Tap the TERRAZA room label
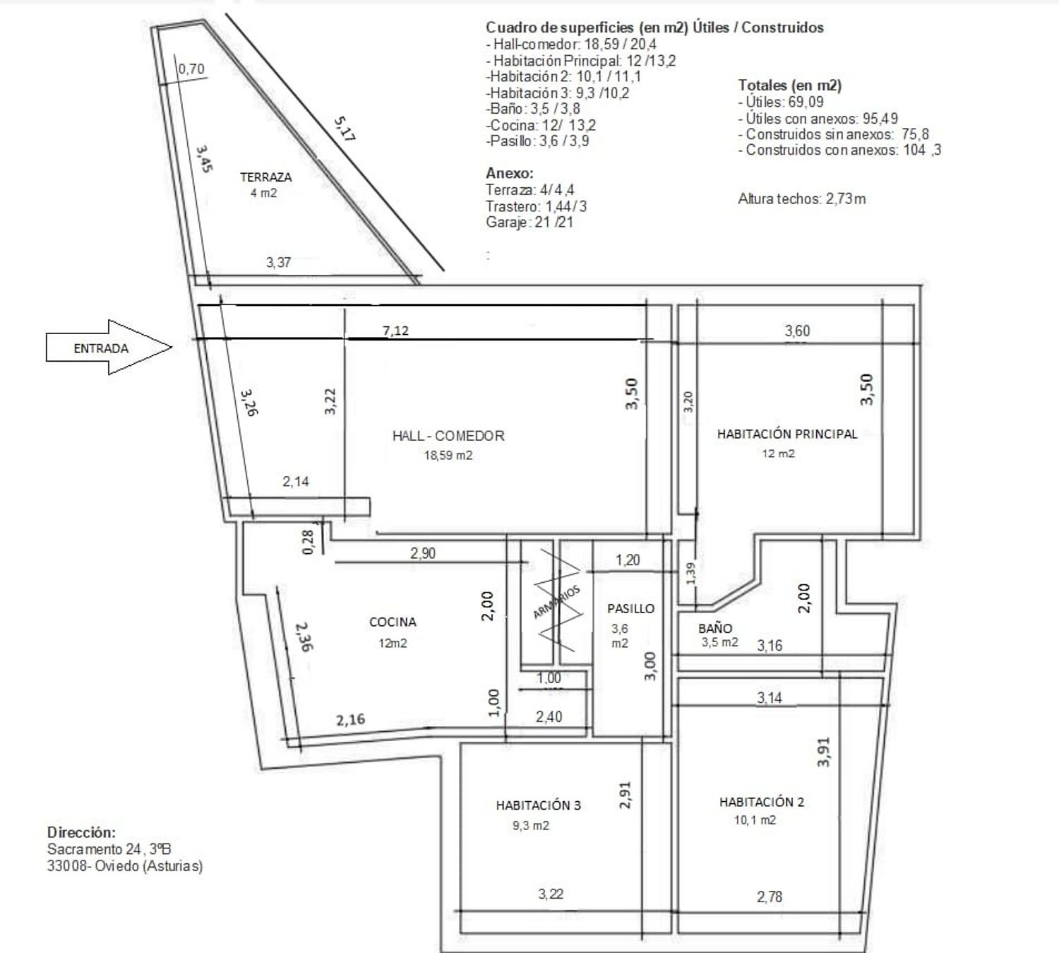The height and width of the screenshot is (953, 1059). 266,177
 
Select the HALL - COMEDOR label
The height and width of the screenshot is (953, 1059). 448,436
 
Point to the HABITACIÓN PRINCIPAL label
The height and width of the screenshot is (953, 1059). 787,434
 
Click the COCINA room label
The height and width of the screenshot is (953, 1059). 393,622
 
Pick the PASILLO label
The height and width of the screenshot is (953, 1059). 631,608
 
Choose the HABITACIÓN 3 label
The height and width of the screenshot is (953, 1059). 539,805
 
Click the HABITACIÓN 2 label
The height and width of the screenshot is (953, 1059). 762,802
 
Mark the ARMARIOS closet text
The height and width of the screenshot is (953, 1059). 556,602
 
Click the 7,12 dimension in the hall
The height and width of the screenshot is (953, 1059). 395,331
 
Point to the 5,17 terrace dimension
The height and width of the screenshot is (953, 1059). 345,129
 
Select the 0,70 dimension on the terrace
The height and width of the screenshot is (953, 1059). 191,69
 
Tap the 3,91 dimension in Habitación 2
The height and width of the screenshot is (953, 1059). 824,752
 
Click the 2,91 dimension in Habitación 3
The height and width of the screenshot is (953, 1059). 625,795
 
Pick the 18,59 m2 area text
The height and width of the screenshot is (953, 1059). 448,456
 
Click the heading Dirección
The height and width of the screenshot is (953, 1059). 81,833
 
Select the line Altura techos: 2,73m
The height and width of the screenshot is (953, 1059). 802,199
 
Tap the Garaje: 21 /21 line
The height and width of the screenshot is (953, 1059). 529,222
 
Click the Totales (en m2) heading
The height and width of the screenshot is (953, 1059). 790,85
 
